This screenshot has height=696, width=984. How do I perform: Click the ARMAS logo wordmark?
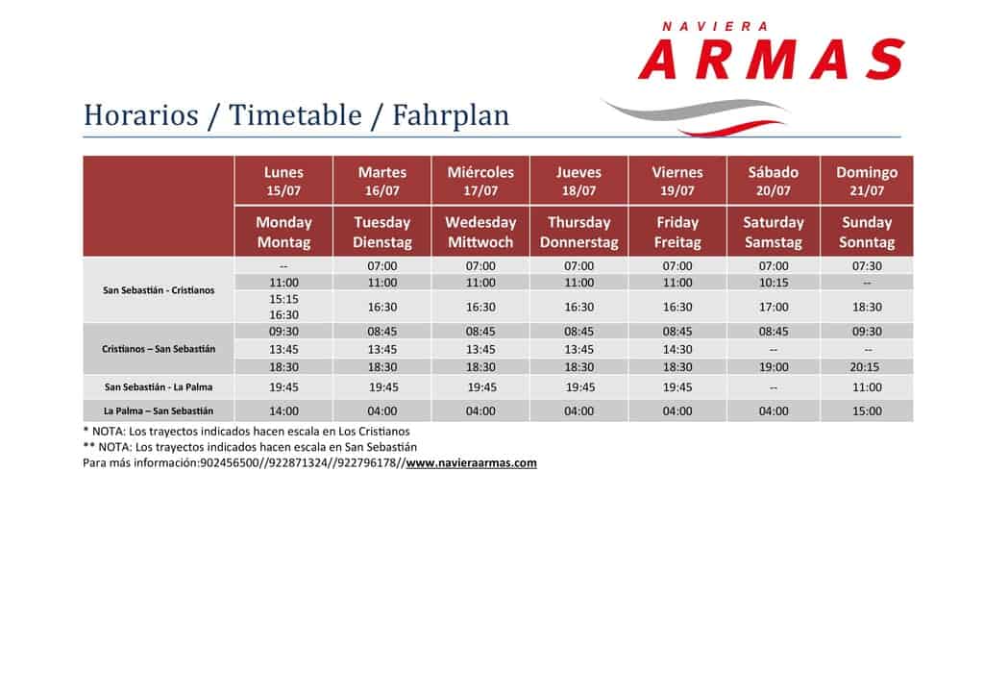(772, 59)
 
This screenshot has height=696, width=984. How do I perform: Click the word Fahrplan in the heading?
(451, 114)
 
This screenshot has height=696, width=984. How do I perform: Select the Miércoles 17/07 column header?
(480, 181)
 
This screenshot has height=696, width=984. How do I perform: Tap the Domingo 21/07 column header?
(867, 181)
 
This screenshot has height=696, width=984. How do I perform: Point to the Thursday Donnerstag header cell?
(578, 232)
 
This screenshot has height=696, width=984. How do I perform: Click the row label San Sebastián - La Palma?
(159, 387)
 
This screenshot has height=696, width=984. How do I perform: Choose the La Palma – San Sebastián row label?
(159, 411)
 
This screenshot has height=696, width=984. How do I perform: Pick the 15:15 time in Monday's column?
(283, 299)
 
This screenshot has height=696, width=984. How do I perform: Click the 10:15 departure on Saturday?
(774, 283)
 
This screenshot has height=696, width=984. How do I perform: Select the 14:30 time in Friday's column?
(677, 349)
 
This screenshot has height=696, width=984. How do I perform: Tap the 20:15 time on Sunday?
(867, 367)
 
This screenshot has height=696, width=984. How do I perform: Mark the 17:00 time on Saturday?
(774, 307)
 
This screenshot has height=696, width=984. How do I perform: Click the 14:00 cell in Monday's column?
(283, 411)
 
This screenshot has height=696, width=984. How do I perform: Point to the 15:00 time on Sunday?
(867, 411)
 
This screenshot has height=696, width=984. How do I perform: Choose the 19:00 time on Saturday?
(774, 367)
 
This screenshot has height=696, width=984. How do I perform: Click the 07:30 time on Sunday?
(867, 266)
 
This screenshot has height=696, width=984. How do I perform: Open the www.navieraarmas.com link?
(471, 463)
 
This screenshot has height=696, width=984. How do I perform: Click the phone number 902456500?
(229, 463)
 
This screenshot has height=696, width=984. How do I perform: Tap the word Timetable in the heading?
(295, 114)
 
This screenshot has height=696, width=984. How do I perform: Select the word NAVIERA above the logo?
(715, 26)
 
